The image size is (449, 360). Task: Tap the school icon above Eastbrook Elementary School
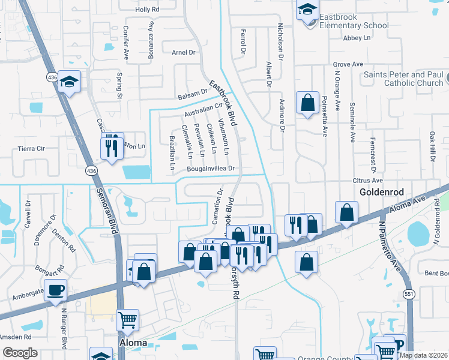pos(308,10)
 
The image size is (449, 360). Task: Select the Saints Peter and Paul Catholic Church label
pos(403,79)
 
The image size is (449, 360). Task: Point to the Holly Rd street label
pos(147,10)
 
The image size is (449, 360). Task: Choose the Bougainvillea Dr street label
pos(209,170)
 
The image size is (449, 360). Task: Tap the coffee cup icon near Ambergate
pos(56,290)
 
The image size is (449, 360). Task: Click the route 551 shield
pos(409,294)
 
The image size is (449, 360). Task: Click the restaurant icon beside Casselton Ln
pos(111,147)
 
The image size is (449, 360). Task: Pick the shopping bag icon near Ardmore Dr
pos(308,103)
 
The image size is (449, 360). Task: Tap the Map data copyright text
pos(423,355)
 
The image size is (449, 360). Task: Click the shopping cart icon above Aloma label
pos(127,320)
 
